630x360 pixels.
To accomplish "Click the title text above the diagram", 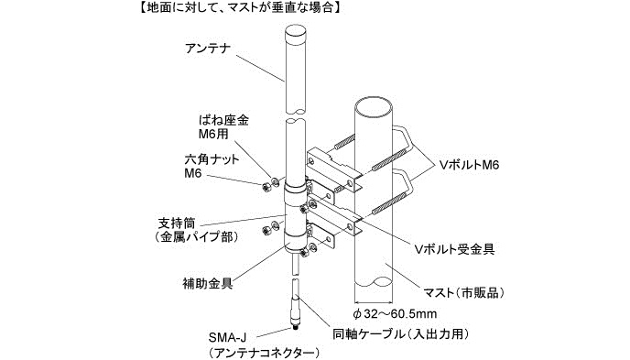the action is click(x=239, y=7).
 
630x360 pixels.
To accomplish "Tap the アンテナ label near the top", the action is click(x=208, y=49).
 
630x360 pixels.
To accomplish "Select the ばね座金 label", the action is click(x=223, y=120).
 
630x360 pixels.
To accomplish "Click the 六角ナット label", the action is click(x=212, y=159).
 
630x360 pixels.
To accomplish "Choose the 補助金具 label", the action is click(x=208, y=284).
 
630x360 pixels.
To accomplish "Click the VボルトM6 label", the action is click(x=469, y=165).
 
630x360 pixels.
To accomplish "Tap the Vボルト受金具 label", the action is click(x=454, y=249).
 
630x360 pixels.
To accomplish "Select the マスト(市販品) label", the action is click(x=464, y=292).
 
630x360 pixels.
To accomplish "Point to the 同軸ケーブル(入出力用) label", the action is click(x=400, y=333).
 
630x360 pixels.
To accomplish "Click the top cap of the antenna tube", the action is click(x=296, y=32).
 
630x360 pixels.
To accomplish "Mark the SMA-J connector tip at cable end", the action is click(x=296, y=327).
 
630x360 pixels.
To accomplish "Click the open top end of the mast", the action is click(x=374, y=104).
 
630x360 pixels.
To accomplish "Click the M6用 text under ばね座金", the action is click(x=213, y=134).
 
